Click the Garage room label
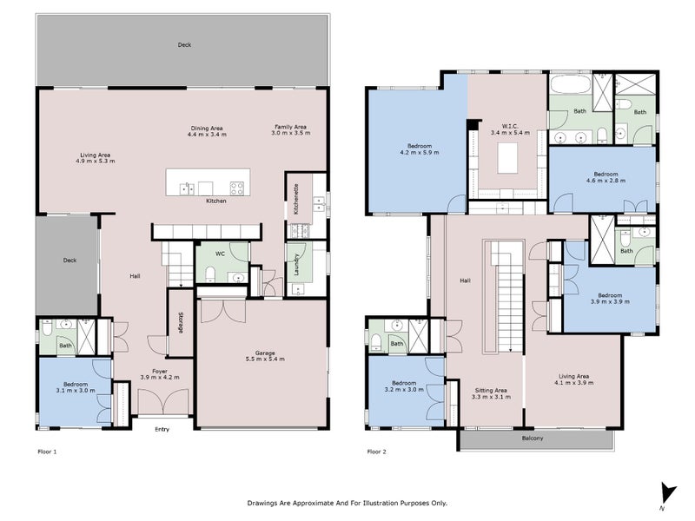265,356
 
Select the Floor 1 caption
47,452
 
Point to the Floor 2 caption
376,452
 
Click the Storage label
181,322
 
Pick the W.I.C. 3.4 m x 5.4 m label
510,129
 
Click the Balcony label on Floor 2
533,439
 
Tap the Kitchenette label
296,200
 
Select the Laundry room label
296,265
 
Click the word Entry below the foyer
162,429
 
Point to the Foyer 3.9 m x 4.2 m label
160,374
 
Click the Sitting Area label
491,393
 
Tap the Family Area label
291,129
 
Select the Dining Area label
207,131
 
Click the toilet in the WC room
209,274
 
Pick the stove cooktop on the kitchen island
236,188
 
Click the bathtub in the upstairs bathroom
570,83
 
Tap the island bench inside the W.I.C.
507,158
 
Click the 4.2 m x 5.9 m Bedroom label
420,148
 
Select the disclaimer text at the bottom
347,503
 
